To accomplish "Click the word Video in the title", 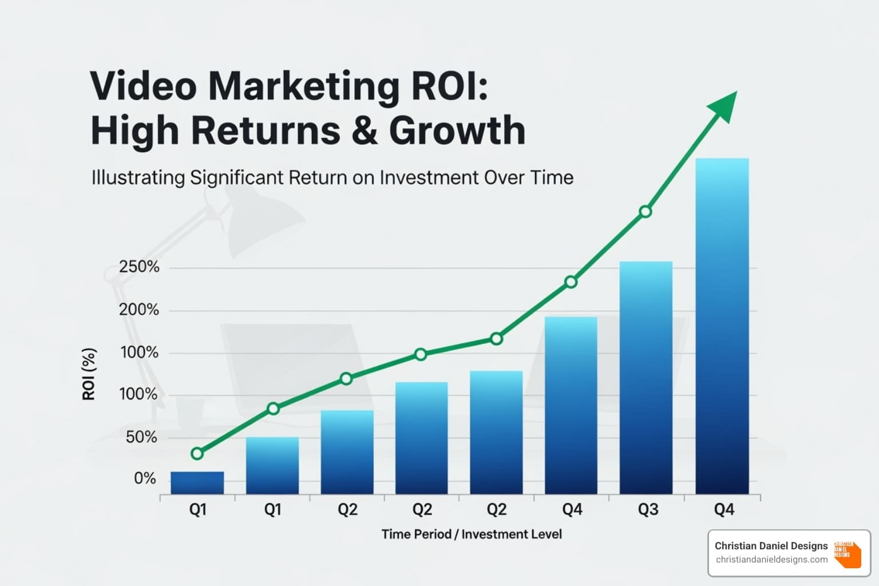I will (x=143, y=86).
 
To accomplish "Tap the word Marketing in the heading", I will (x=303, y=87).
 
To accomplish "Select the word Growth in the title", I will (x=457, y=130).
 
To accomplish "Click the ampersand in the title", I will (x=365, y=130).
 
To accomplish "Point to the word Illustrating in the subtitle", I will (x=138, y=177).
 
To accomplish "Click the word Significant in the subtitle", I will (x=236, y=177).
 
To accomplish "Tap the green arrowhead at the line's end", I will (x=724, y=104).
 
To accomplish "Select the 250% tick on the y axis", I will (x=139, y=267).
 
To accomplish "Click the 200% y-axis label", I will (x=139, y=310).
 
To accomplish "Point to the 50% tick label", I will (x=141, y=437).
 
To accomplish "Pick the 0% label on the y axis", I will (x=145, y=478).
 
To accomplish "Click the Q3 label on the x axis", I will (x=648, y=509).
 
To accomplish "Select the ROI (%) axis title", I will (x=89, y=374).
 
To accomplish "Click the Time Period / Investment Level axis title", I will (x=472, y=534).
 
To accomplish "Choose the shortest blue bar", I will (x=197, y=482).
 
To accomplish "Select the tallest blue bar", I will (x=722, y=326).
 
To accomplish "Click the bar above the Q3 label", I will (x=646, y=378).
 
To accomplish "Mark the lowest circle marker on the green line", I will (x=197, y=454).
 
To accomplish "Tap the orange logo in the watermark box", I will (x=848, y=553).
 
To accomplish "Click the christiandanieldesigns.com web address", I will (x=771, y=560).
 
